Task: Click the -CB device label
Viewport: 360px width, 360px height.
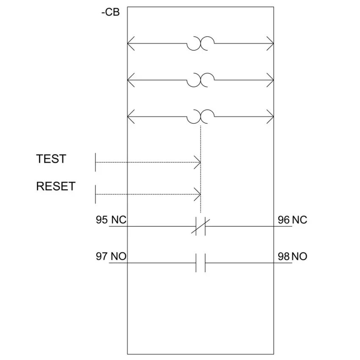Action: (111, 12)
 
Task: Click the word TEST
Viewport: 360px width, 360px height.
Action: (51, 159)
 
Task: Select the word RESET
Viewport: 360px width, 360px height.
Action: (56, 186)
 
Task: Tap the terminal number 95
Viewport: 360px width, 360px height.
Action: (102, 220)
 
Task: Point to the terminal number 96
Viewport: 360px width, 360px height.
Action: (283, 220)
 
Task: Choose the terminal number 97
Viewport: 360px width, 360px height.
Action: (102, 256)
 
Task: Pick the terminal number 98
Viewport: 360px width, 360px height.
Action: (283, 256)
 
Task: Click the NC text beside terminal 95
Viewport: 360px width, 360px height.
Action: (119, 220)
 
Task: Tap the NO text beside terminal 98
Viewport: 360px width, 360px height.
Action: (299, 256)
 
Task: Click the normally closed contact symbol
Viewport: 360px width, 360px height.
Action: (200, 226)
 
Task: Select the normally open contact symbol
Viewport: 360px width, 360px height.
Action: (200, 263)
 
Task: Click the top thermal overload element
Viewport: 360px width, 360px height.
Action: (200, 43)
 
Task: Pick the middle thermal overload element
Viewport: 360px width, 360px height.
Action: (200, 80)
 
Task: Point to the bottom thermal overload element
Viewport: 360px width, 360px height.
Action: (200, 116)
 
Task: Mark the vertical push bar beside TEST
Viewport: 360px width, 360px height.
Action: (95, 162)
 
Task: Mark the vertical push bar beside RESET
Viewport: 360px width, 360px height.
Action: (95, 194)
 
